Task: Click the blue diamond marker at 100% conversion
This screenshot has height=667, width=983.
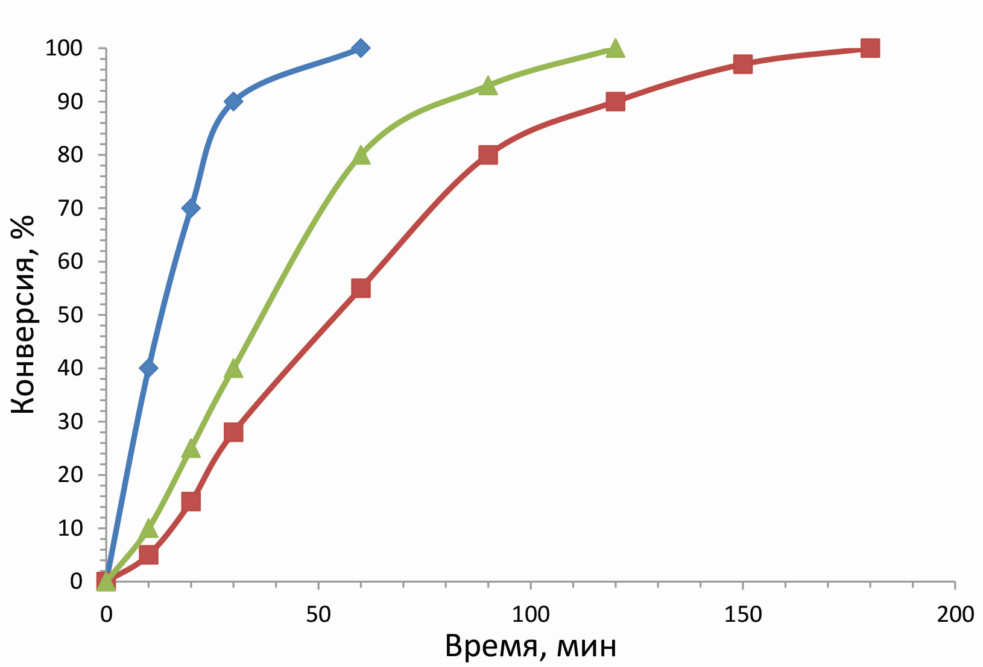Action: click(361, 48)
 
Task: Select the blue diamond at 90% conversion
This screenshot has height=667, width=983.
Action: click(233, 101)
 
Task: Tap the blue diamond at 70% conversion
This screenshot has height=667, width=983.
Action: click(191, 208)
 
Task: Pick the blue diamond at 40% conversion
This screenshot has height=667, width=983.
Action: click(148, 368)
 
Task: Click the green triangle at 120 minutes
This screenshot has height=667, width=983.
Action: click(615, 49)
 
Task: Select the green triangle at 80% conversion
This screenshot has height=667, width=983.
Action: click(361, 155)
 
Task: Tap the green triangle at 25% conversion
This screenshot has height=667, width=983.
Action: click(191, 449)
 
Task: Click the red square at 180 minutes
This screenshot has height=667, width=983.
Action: click(870, 48)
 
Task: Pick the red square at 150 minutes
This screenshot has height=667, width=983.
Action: click(742, 64)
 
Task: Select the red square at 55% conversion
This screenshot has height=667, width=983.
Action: click(361, 289)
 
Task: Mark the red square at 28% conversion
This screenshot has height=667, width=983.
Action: click(233, 432)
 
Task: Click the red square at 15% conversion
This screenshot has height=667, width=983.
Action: click(191, 501)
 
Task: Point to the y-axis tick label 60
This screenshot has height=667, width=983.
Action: click(70, 261)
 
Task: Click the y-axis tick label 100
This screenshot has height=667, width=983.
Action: click(64, 48)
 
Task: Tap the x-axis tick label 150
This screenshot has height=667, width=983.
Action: click(742, 615)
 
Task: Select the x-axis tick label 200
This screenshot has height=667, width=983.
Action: click(955, 615)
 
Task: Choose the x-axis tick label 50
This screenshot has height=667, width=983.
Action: click(318, 615)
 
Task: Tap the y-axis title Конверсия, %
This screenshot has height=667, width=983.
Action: click(24, 315)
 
